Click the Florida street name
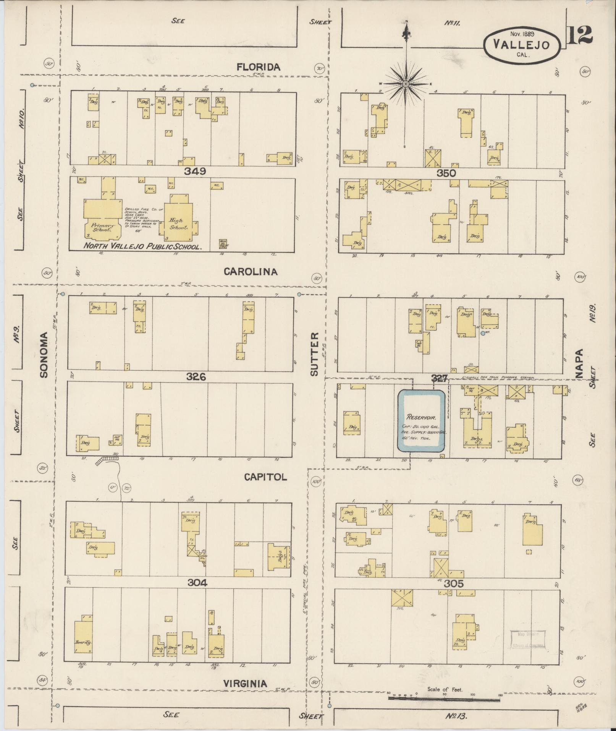[259, 67]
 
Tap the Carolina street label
[251, 272]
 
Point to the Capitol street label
[265, 477]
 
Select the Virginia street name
[245, 683]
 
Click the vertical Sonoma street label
[44, 355]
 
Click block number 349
[195, 172]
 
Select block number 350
[446, 173]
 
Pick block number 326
[196, 377]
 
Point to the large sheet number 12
[580, 35]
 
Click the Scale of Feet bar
[444, 699]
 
